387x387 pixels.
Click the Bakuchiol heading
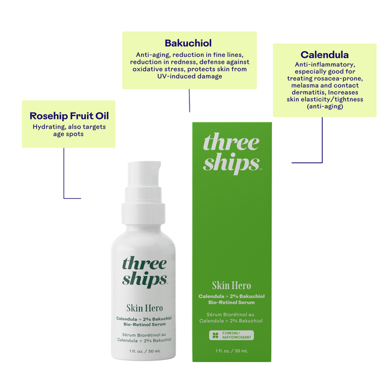click(x=188, y=43)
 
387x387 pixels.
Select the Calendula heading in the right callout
click(x=324, y=55)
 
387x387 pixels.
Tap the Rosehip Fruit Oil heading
click(x=69, y=116)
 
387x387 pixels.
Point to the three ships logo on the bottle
click(x=145, y=271)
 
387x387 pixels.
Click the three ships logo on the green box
click(x=232, y=153)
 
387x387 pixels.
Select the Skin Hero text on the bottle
click(x=145, y=308)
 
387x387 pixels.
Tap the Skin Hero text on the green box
click(x=232, y=286)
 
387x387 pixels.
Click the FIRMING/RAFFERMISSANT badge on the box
click(x=232, y=335)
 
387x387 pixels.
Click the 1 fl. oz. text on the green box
click(x=232, y=351)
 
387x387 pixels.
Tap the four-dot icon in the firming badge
click(x=215, y=335)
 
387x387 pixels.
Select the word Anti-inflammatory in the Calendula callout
click(x=325, y=65)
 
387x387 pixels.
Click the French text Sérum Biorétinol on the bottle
click(x=145, y=334)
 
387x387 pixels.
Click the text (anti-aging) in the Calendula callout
click(x=325, y=106)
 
